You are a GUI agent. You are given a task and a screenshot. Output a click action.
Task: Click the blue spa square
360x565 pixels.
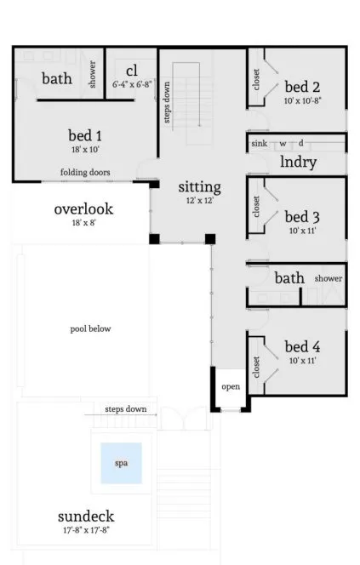tap(121, 464)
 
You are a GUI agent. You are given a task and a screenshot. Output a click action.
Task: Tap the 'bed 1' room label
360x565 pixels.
tap(85, 134)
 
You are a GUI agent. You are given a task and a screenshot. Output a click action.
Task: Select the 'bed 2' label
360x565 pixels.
tap(302, 86)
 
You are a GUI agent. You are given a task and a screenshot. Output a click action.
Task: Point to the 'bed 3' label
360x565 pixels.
tap(302, 216)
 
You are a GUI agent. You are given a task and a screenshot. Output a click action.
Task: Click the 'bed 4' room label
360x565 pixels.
tap(302, 346)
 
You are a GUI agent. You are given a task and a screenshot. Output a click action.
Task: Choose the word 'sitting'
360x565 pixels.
tap(199, 186)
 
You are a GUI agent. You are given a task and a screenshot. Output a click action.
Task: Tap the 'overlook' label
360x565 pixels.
tap(83, 208)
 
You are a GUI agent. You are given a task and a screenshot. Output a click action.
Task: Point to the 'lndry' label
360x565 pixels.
tap(298, 163)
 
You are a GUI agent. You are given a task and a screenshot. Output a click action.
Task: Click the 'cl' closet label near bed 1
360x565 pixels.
tap(132, 70)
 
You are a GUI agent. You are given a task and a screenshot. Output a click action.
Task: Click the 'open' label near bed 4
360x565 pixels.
tap(231, 386)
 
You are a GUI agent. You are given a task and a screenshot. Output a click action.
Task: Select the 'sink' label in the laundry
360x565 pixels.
tap(259, 144)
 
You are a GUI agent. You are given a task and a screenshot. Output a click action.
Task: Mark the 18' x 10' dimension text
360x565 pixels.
tap(85, 150)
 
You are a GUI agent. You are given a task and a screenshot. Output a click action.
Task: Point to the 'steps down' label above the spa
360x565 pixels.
tap(125, 409)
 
